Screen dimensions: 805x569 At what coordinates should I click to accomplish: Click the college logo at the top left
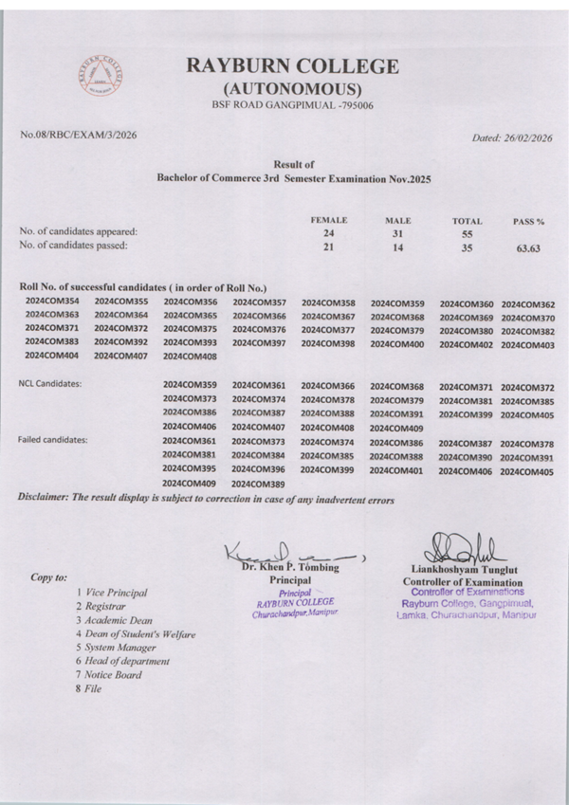102,76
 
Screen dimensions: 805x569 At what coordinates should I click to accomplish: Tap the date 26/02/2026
528,137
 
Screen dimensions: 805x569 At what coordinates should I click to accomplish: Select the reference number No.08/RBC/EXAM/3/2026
78,135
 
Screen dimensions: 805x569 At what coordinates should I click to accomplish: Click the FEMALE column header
329,219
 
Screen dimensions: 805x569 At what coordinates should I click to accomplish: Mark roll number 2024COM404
52,356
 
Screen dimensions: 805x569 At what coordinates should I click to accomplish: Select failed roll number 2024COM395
190,468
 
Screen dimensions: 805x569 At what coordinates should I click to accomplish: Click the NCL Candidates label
50,383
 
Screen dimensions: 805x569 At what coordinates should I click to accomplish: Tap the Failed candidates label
53,440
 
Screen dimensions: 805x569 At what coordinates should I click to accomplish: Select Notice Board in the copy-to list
113,675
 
